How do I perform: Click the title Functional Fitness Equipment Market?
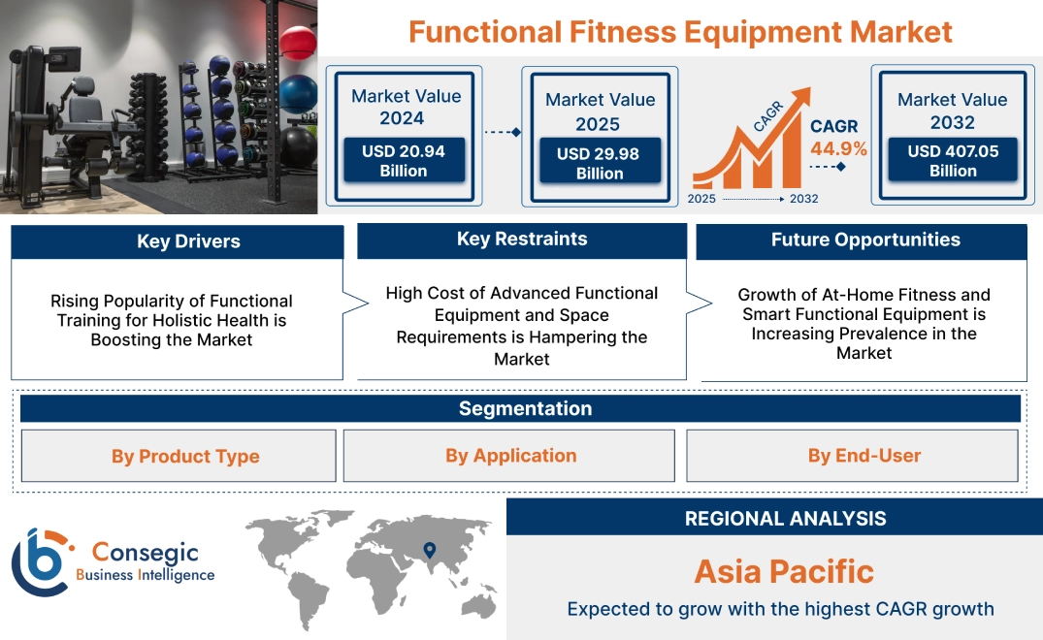pyautogui.click(x=680, y=31)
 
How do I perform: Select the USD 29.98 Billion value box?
pyautogui.click(x=600, y=163)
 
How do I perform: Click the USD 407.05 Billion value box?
pyautogui.click(x=953, y=160)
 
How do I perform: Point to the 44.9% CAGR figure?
pyautogui.click(x=839, y=148)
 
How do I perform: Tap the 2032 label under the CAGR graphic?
pyautogui.click(x=803, y=199)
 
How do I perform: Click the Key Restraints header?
pyautogui.click(x=522, y=239)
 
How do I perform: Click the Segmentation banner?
pyautogui.click(x=525, y=408)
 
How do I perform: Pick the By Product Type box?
pyautogui.click(x=185, y=456)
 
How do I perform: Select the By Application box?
pyautogui.click(x=510, y=455)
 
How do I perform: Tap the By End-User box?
pyautogui.click(x=864, y=455)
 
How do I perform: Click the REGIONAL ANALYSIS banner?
pyautogui.click(x=785, y=518)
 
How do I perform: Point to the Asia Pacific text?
pyautogui.click(x=784, y=571)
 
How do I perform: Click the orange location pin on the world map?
pyautogui.click(x=428, y=551)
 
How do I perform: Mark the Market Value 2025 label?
pyautogui.click(x=600, y=112)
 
